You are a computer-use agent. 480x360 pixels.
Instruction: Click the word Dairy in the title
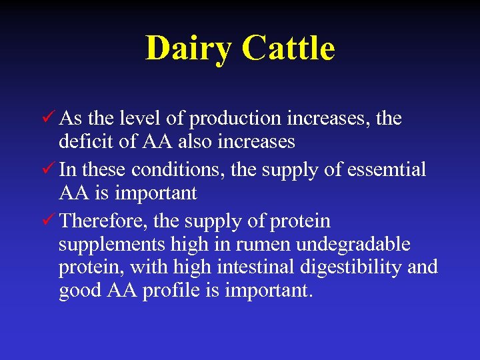point(189,49)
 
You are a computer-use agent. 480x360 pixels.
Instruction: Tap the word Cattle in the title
point(288,49)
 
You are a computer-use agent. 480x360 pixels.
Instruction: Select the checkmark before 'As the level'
point(47,119)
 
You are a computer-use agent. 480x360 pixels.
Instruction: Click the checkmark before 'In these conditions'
point(47,169)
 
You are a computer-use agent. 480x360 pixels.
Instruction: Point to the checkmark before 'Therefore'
point(47,220)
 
